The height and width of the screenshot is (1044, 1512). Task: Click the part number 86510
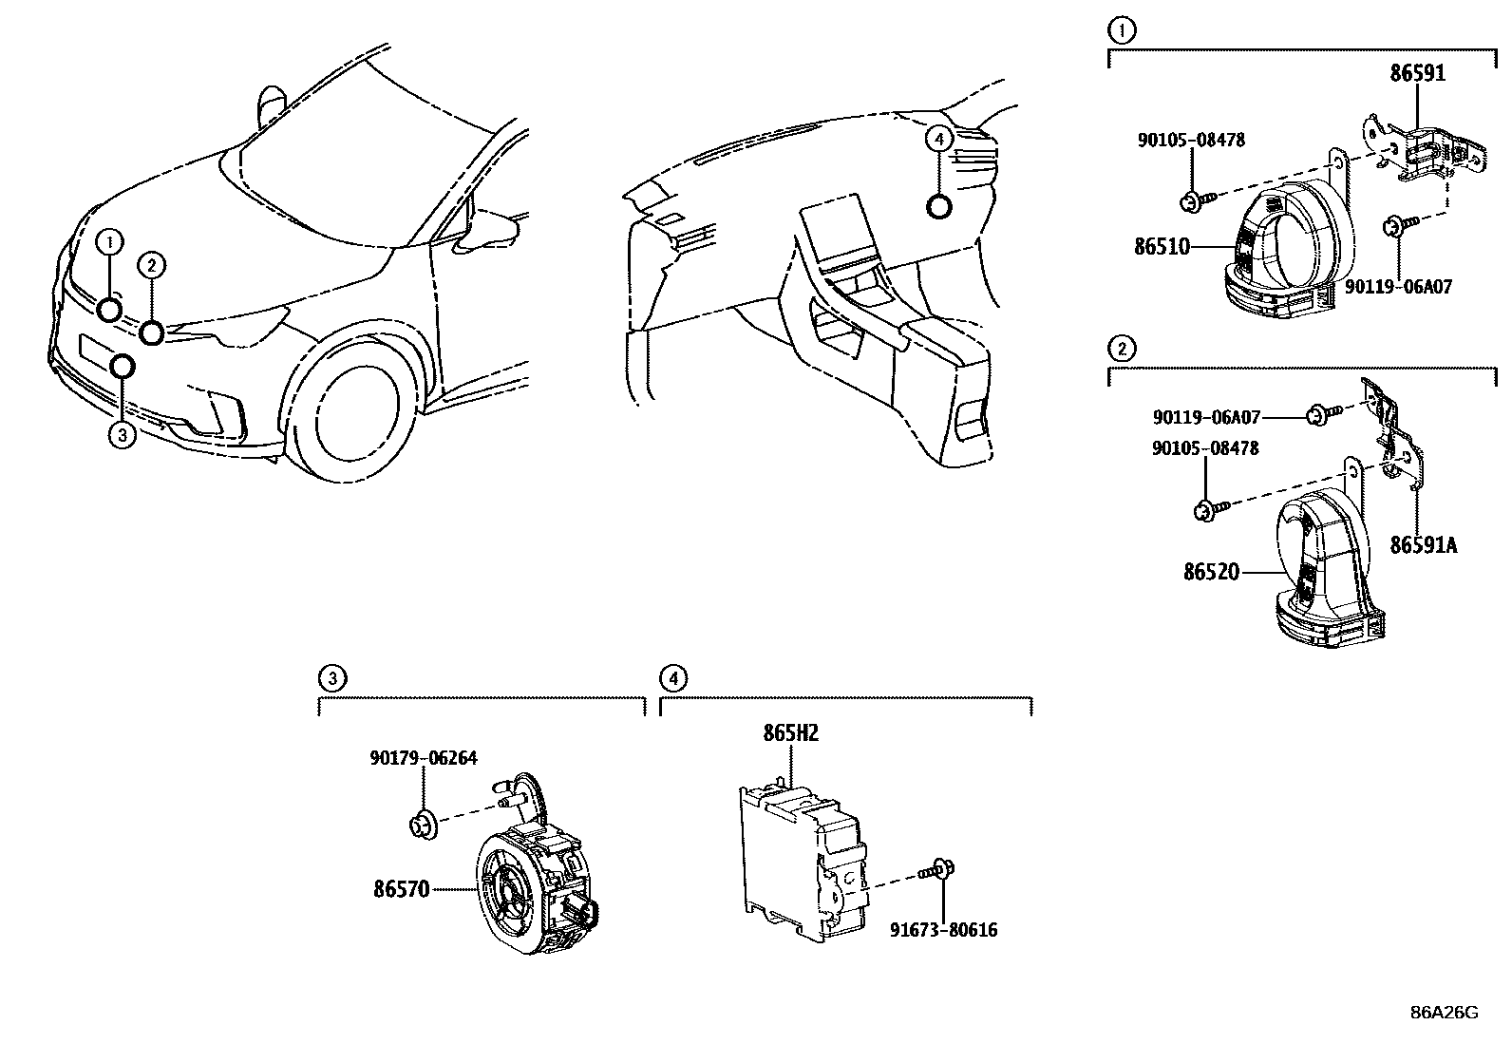(1161, 247)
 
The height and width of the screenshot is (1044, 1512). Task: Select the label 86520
(1211, 572)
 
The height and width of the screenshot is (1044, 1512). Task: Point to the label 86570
(402, 889)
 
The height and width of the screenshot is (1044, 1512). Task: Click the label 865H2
(790, 733)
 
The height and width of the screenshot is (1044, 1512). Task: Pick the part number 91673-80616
(943, 930)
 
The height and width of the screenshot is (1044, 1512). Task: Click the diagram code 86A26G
(1444, 1012)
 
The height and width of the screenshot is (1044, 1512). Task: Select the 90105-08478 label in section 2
(1205, 447)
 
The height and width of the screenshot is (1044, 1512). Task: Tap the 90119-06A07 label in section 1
(1399, 286)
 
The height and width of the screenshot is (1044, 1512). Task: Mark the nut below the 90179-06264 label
(422, 824)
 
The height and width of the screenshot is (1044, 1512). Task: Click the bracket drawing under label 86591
(1420, 147)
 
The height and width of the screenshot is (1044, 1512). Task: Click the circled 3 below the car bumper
(123, 435)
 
